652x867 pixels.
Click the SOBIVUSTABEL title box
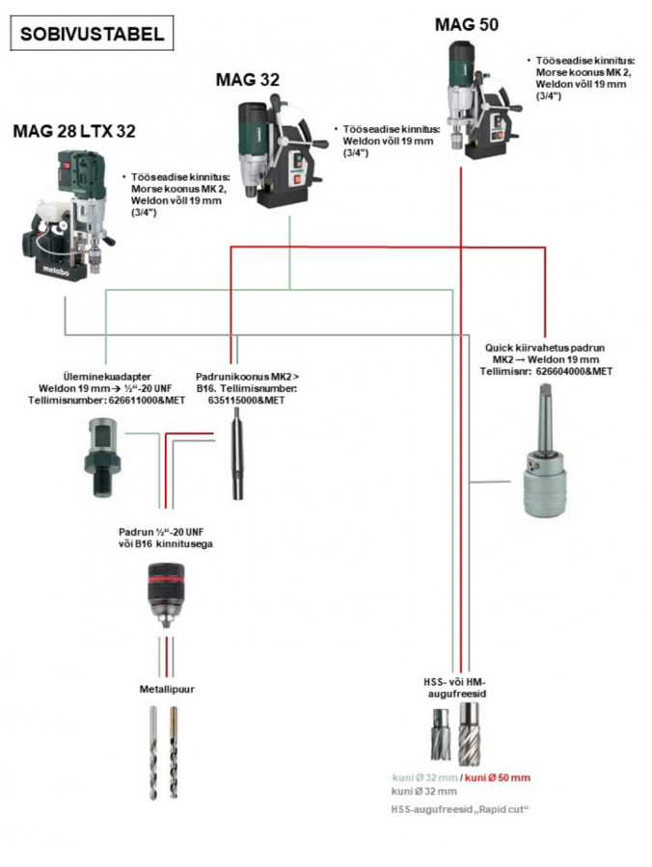[92, 36]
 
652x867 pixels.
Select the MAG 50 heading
[468, 24]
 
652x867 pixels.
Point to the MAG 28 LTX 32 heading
[74, 132]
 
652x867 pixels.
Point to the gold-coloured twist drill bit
[173, 751]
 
